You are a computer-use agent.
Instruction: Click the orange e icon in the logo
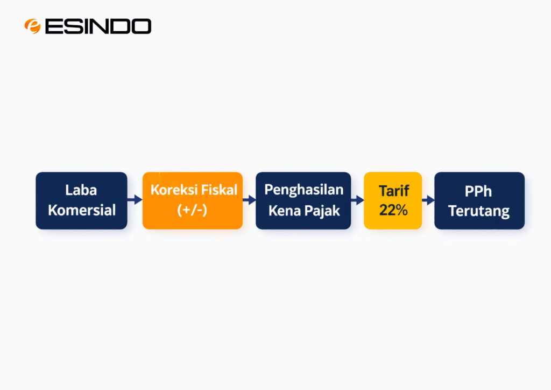point(32,26)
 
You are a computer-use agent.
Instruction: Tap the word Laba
point(82,191)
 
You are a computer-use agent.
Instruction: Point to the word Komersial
point(82,210)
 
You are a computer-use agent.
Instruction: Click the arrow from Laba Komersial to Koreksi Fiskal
point(135,200)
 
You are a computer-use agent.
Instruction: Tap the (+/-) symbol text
point(193,210)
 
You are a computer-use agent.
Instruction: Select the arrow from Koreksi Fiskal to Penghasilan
point(249,200)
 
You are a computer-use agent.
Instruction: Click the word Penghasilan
point(303,190)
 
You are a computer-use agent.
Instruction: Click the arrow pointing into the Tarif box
point(358,200)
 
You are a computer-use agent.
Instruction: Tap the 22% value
point(393,210)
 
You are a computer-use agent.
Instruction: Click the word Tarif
point(394,191)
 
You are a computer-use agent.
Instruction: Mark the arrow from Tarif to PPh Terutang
point(428,200)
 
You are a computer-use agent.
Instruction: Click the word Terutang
point(479,210)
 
